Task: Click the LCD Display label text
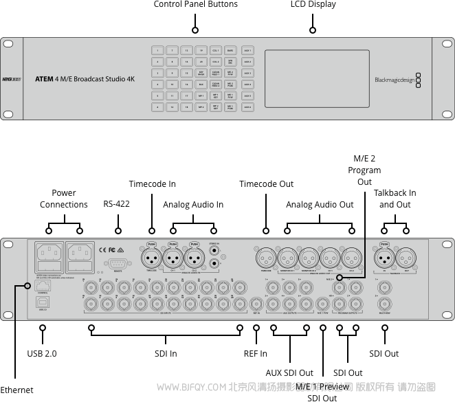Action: click(x=313, y=5)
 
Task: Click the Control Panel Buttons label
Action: click(x=195, y=5)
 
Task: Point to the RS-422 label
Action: click(x=116, y=204)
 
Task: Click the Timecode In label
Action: click(x=152, y=184)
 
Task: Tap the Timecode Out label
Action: click(x=266, y=184)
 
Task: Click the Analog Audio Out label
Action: click(x=320, y=205)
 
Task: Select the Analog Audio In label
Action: click(x=193, y=205)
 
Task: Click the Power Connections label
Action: click(x=63, y=199)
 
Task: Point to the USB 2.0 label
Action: click(x=42, y=354)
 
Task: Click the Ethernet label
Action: click(x=16, y=390)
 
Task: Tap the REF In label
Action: click(x=256, y=354)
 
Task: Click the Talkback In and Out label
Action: click(x=395, y=199)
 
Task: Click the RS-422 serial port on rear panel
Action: click(x=118, y=263)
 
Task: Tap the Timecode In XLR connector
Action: click(x=152, y=258)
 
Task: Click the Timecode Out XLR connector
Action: click(x=266, y=258)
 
